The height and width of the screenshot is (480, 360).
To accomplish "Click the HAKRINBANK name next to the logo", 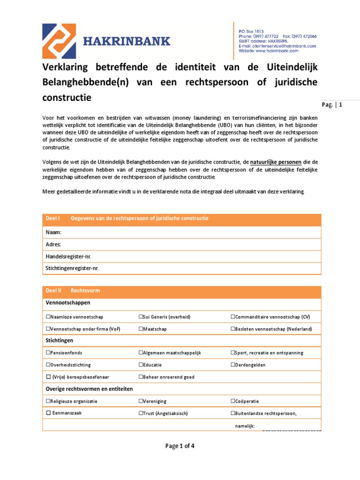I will click(x=127, y=42).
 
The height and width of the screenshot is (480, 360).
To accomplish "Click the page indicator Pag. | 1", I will click(x=332, y=105).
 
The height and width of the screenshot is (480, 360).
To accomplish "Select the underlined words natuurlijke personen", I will click(x=277, y=162).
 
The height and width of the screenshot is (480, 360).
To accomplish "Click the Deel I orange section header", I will click(x=181, y=219).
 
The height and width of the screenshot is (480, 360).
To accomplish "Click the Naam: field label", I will click(x=53, y=232).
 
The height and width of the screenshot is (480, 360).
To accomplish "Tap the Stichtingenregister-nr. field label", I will click(x=72, y=269).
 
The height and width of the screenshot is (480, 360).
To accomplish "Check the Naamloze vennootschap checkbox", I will click(x=48, y=317).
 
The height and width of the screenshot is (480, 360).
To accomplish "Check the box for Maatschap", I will click(x=141, y=329).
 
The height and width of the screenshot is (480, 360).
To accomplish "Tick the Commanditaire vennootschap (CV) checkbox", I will click(x=233, y=317).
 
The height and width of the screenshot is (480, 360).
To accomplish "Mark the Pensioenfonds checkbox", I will click(x=48, y=352).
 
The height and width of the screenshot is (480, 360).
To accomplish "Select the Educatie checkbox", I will click(x=141, y=365).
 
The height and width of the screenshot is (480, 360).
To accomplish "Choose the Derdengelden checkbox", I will click(x=233, y=365).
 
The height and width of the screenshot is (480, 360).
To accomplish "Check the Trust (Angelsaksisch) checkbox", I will click(x=141, y=413).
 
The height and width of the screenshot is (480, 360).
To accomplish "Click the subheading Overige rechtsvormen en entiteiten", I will click(x=89, y=389).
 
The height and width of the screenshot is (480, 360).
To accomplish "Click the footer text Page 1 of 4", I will click(x=180, y=446).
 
